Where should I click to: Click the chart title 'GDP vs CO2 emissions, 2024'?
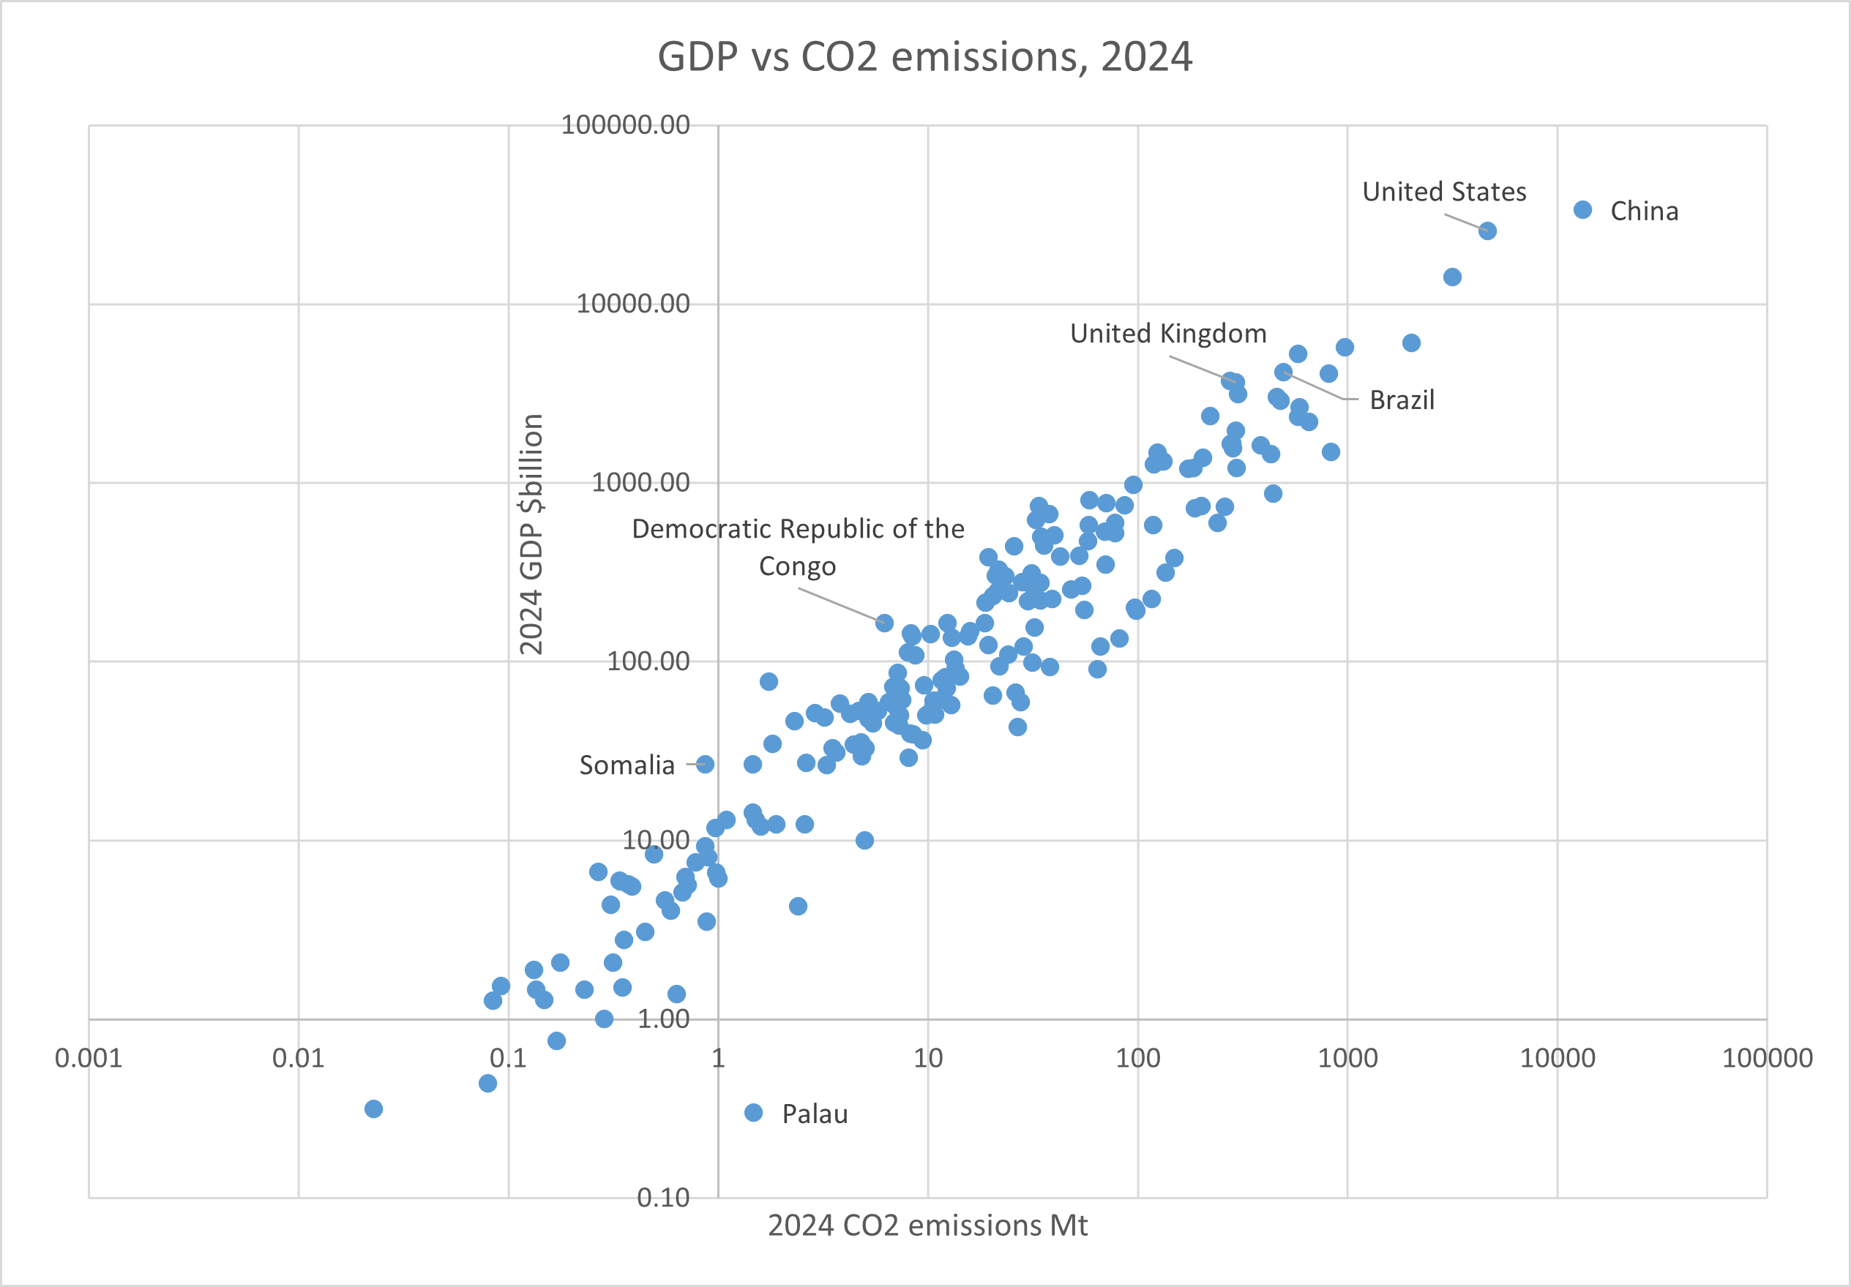coord(924,57)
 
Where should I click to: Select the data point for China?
coord(1582,209)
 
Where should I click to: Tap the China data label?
coord(1644,211)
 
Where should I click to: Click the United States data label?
coord(1444,192)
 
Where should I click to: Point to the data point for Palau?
coord(754,1113)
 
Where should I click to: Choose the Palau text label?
coord(815,1114)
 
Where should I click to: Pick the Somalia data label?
coord(627,765)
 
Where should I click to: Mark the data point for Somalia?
coord(706,764)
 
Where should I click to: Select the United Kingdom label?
coord(1168,334)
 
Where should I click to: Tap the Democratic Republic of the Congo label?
coord(798,547)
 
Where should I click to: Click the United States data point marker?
coord(1487,231)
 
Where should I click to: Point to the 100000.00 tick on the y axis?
coord(626,125)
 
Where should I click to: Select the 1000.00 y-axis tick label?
coord(641,482)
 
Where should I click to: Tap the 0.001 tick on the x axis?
coord(89,1058)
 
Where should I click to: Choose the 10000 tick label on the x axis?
coord(1558,1058)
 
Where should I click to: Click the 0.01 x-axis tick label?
coord(299,1058)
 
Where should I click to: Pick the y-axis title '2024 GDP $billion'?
coord(531,534)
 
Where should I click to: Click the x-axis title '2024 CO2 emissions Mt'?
coord(927,1226)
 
